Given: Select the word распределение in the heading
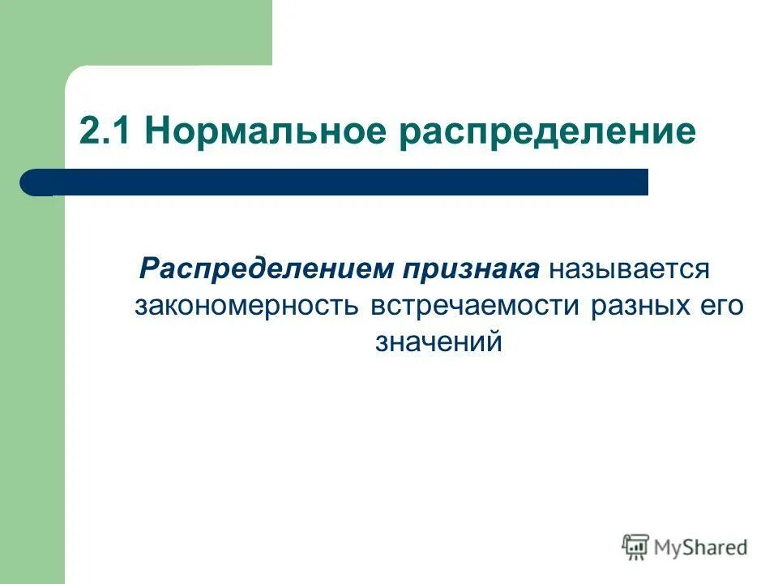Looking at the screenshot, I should click(x=524, y=132).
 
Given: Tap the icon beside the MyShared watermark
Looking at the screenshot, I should click(x=636, y=547).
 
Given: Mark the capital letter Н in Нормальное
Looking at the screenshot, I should click(x=157, y=132).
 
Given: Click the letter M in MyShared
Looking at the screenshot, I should click(x=664, y=547).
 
